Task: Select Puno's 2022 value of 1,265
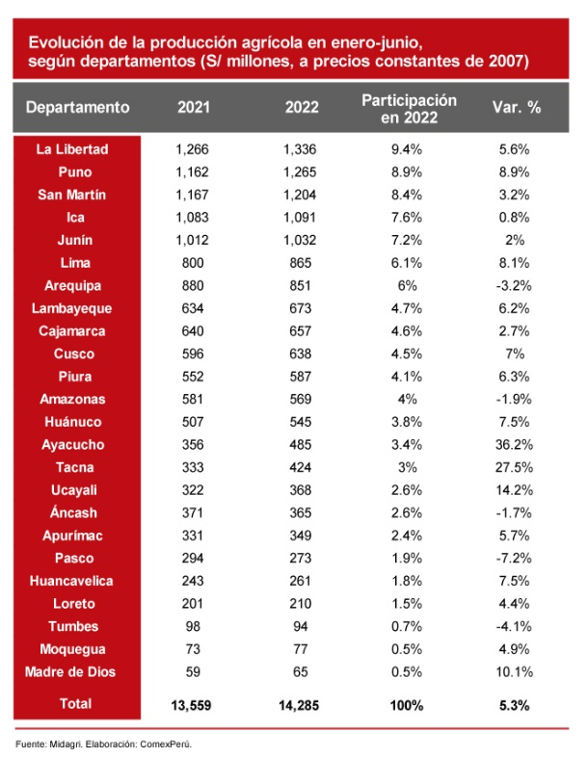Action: (302, 172)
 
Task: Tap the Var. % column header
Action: (516, 107)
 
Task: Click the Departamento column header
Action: (77, 107)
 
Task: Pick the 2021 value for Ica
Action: (193, 218)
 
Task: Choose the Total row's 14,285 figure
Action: (302, 705)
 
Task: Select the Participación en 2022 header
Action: (409, 107)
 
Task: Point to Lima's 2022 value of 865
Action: (302, 263)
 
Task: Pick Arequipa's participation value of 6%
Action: (409, 286)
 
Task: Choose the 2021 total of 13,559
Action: (193, 705)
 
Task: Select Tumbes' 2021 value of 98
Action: (193, 627)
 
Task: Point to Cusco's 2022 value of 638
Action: (302, 353)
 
